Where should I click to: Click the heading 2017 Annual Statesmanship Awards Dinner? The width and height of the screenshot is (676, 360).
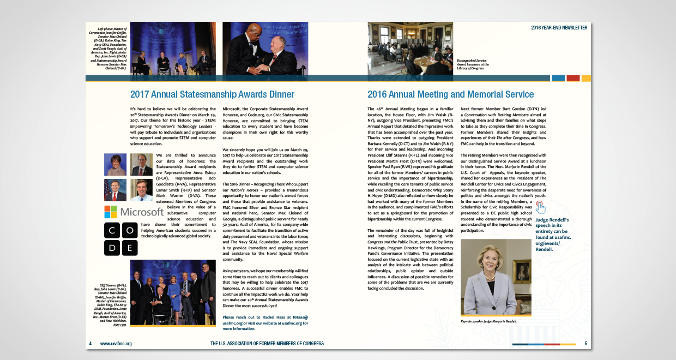coord(212,94)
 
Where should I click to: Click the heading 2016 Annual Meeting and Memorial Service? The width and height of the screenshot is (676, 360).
coord(450,94)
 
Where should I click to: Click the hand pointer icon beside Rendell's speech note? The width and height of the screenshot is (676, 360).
coord(540,206)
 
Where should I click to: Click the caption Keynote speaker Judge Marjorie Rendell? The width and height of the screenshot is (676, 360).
coord(488,321)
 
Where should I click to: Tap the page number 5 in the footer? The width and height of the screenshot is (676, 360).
coord(586,344)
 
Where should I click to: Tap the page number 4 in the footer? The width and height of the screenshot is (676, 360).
coord(90,344)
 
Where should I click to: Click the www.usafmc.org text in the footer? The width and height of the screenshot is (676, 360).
coord(116,344)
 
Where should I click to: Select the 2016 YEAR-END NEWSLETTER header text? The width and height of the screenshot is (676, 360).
coord(559,27)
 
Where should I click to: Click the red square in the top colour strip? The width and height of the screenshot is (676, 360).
coord(573,78)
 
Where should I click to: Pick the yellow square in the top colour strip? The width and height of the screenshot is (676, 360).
coord(586,78)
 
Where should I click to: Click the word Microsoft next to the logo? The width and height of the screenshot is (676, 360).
coord(141,212)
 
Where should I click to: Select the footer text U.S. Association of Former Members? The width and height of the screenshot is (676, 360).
coord(267,344)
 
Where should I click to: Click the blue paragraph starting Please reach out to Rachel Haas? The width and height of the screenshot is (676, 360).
coord(265,323)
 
